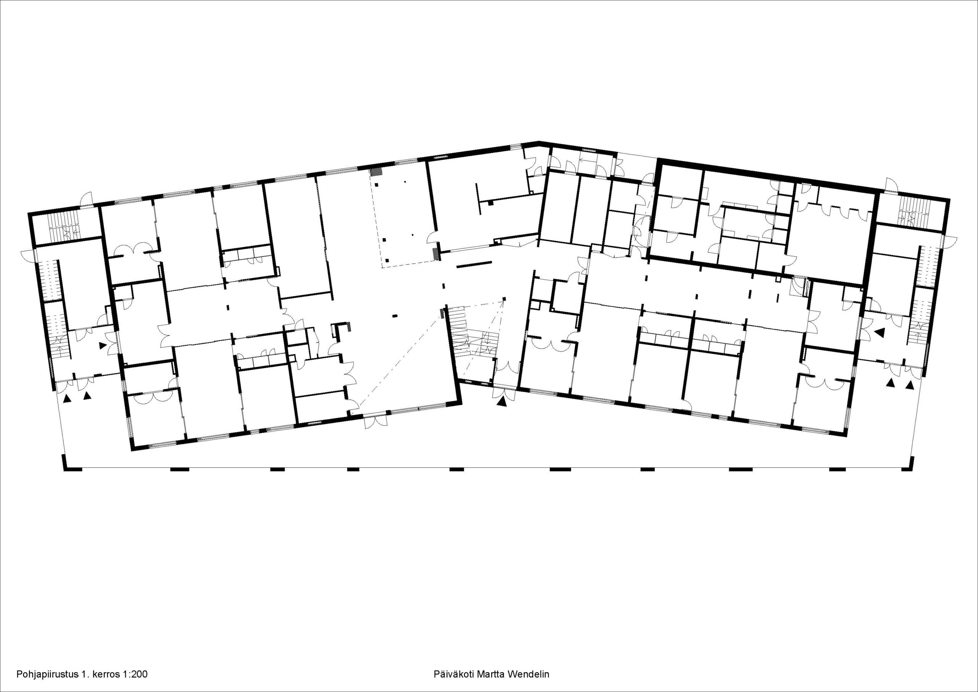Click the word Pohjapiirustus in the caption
tap(47, 674)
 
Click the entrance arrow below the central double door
tap(503, 401)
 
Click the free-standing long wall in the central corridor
tap(474, 264)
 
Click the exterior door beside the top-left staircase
tap(86, 199)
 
